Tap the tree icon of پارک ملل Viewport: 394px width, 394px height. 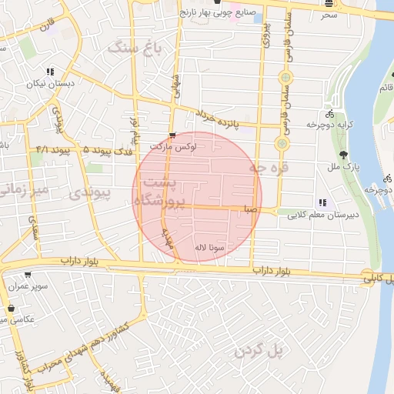pos(332,154)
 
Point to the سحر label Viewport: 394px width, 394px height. pos(329,15)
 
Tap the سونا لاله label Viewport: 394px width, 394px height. pos(209,249)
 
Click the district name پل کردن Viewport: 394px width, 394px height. pos(261,351)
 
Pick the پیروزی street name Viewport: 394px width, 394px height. pos(265,35)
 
